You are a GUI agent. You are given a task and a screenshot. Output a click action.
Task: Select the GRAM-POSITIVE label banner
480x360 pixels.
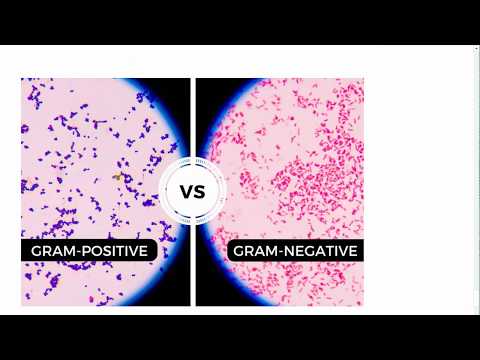[89, 250]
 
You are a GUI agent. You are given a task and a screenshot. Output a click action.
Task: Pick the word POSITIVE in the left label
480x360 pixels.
[113, 250]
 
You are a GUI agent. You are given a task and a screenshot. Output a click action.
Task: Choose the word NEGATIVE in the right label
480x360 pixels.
[318, 250]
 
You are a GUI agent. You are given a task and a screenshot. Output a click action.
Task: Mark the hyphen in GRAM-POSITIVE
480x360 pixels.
[76, 250]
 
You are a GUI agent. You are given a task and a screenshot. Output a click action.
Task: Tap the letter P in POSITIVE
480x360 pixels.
[84, 250]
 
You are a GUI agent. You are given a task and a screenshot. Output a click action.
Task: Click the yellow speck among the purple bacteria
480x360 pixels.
[117, 177]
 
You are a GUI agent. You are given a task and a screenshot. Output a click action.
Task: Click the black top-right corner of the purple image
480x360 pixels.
[182, 86]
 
